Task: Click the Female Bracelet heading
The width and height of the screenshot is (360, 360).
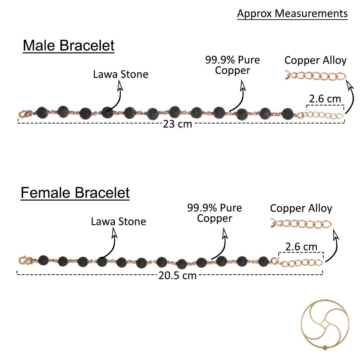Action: click(x=75, y=193)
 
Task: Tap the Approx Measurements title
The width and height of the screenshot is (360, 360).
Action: click(x=292, y=14)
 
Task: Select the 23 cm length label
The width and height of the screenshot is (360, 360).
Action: click(x=177, y=124)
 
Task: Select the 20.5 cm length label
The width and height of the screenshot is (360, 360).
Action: click(x=177, y=275)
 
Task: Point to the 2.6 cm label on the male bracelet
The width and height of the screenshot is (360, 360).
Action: click(x=325, y=99)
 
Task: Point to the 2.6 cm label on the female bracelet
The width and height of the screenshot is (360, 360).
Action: click(x=301, y=247)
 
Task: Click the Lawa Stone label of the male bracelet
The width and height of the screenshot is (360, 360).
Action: click(x=121, y=75)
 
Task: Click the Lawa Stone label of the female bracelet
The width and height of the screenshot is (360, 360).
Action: click(x=118, y=221)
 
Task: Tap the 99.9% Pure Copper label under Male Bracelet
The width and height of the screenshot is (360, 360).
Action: click(x=233, y=65)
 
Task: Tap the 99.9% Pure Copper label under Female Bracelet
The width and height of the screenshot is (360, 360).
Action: click(x=215, y=213)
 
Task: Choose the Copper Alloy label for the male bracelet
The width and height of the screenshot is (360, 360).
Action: click(x=315, y=60)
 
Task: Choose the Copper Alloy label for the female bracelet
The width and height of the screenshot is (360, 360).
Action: click(x=301, y=208)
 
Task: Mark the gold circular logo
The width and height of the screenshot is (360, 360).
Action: click(x=325, y=325)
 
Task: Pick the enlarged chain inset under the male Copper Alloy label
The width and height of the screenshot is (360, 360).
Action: click(x=316, y=76)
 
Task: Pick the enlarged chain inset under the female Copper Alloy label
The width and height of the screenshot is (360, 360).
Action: click(x=301, y=224)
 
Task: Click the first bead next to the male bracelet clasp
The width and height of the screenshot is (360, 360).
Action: click(x=42, y=113)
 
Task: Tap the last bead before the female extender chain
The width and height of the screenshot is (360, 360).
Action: click(x=264, y=261)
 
